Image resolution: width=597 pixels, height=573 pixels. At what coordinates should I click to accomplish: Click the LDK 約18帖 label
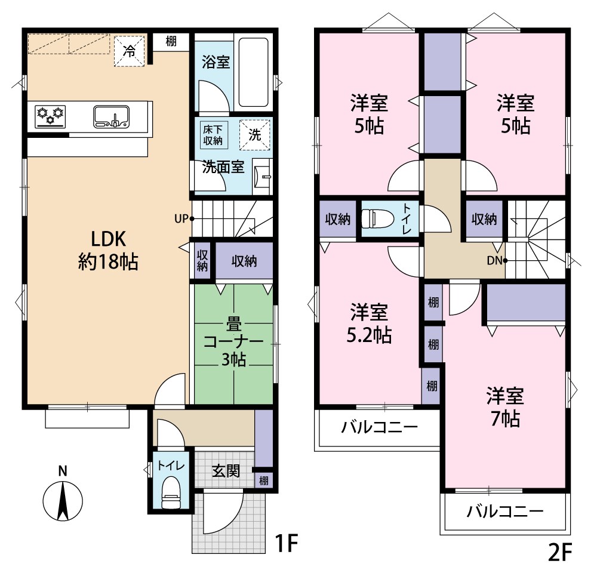pos(108,250)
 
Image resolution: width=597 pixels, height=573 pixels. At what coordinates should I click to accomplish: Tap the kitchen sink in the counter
pos(111,116)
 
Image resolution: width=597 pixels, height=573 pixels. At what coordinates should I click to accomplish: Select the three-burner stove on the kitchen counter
pos(50,116)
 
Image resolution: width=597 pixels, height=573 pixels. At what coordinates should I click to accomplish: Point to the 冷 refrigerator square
pos(130,51)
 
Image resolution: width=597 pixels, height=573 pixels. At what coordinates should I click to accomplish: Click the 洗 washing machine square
pos(255,135)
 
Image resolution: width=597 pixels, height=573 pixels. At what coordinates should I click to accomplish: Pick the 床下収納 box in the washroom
pos(213,135)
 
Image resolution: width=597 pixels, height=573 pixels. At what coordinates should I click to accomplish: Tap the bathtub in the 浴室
pos(253,72)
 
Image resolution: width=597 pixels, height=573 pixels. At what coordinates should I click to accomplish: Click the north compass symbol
pos(63,496)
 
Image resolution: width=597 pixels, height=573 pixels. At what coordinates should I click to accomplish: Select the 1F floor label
pos(286,543)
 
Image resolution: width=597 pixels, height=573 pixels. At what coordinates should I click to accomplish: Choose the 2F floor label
pos(560,552)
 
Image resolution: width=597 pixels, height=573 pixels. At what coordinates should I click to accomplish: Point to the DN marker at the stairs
pos(497,261)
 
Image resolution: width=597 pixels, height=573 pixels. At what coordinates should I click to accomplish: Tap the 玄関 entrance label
pos(226,472)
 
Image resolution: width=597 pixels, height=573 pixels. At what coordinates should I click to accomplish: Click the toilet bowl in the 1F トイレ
pos(170,494)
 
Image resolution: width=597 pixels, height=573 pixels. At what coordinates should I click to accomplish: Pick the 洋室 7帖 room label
pos(505,407)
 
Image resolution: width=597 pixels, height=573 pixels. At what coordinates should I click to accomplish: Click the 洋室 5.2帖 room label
pos(369,324)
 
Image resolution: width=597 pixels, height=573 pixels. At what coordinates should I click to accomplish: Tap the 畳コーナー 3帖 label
pos(233,342)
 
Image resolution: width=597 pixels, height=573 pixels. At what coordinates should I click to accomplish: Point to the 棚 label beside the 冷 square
pos(171,41)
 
